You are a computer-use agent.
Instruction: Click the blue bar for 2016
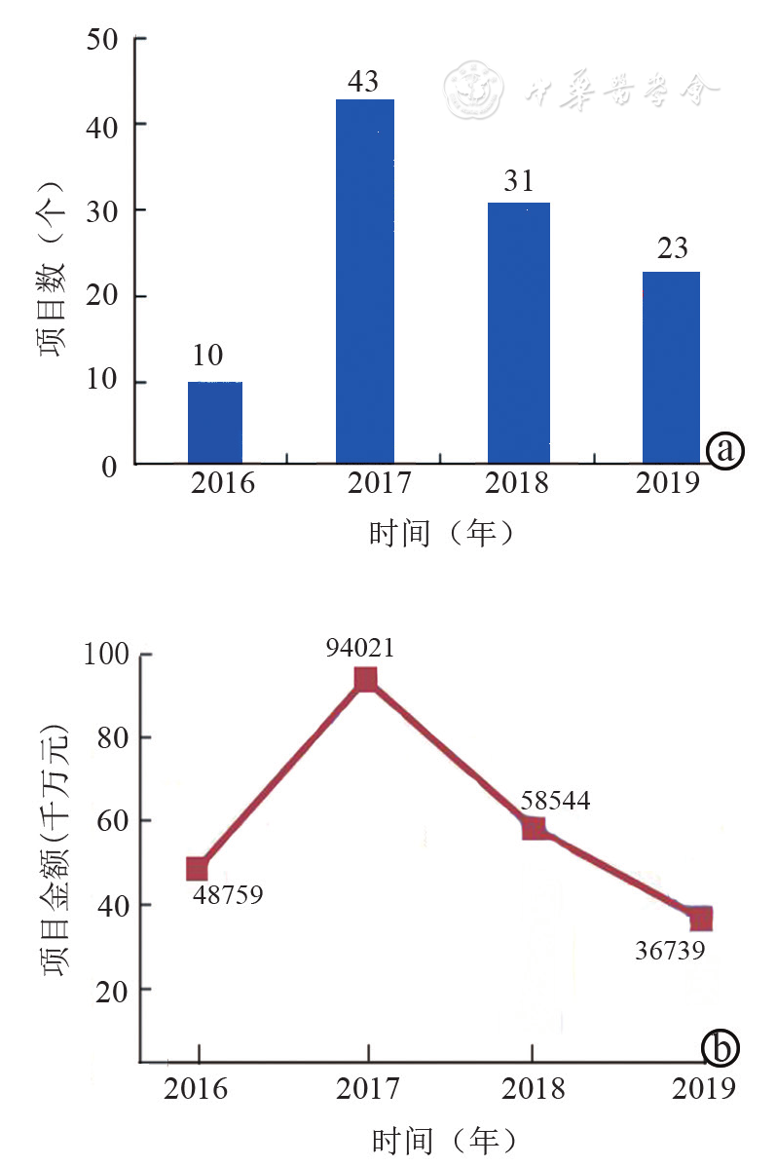point(215,423)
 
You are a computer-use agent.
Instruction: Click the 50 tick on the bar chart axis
point(102,39)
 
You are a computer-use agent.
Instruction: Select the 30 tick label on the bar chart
point(102,210)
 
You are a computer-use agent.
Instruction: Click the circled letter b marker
point(721,1048)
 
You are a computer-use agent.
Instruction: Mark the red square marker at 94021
point(366,679)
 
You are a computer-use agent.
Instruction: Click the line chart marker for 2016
point(198,869)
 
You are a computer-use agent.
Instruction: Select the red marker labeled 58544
point(533,828)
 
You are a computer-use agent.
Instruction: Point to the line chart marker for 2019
point(699,919)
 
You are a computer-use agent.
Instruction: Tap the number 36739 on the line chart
point(670,950)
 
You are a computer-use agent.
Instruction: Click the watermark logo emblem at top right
point(473,91)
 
